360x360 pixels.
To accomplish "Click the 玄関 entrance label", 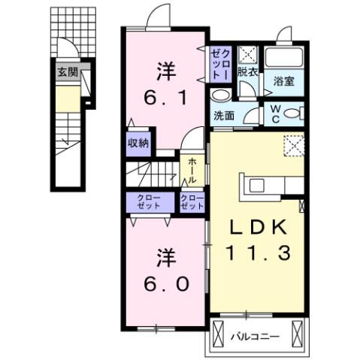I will coord(67,73).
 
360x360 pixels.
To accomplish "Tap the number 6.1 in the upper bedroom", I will coord(166,97).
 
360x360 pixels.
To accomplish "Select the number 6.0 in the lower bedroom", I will coord(166,286).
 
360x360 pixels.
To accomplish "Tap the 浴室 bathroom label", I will coord(283,81).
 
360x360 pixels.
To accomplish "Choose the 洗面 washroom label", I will coord(223,116).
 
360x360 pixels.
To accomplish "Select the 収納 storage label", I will coord(138,143).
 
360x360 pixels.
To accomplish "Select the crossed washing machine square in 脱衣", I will coord(248,55).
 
